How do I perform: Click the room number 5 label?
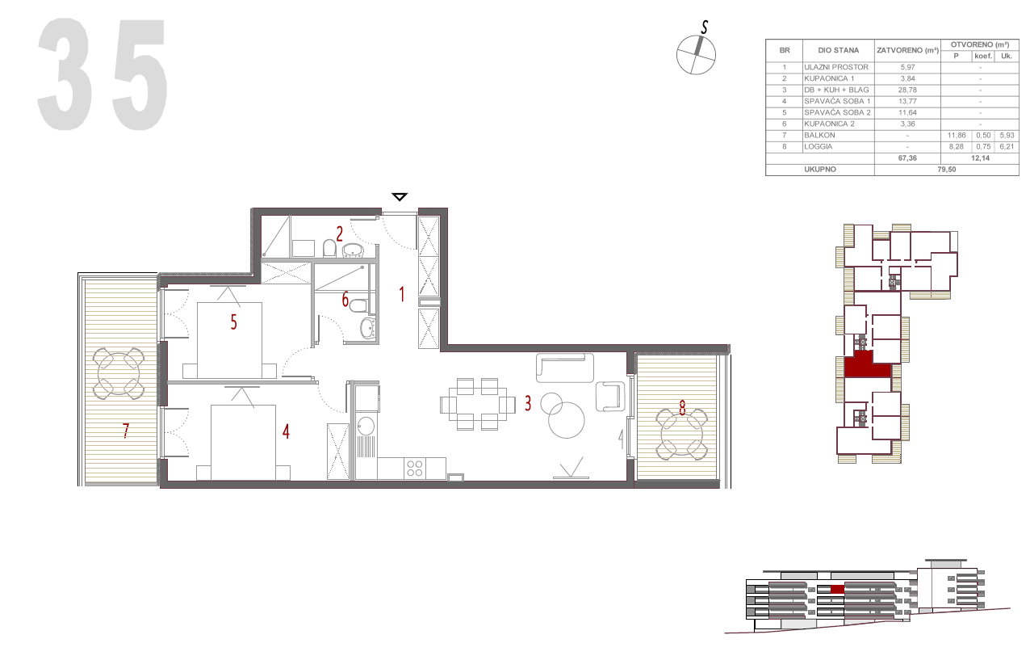point(233,322)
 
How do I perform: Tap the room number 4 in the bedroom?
point(286,431)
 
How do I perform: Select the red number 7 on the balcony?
point(126,431)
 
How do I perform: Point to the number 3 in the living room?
point(528,404)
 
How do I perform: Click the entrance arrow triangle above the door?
point(399,197)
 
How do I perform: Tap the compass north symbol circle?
point(696,55)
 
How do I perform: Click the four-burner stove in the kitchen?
point(414,469)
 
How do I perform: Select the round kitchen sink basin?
point(366,426)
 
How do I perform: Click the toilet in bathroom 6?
point(358,305)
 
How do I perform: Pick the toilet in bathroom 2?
point(329,249)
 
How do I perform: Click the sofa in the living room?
point(565,368)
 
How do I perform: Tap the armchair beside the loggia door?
point(609,397)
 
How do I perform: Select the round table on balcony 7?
point(119,373)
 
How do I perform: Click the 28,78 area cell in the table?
point(907,90)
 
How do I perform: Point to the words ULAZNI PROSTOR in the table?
point(836,67)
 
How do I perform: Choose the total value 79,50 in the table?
point(946,170)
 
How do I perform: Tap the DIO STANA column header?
point(838,51)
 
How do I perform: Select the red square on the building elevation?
point(837,589)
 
